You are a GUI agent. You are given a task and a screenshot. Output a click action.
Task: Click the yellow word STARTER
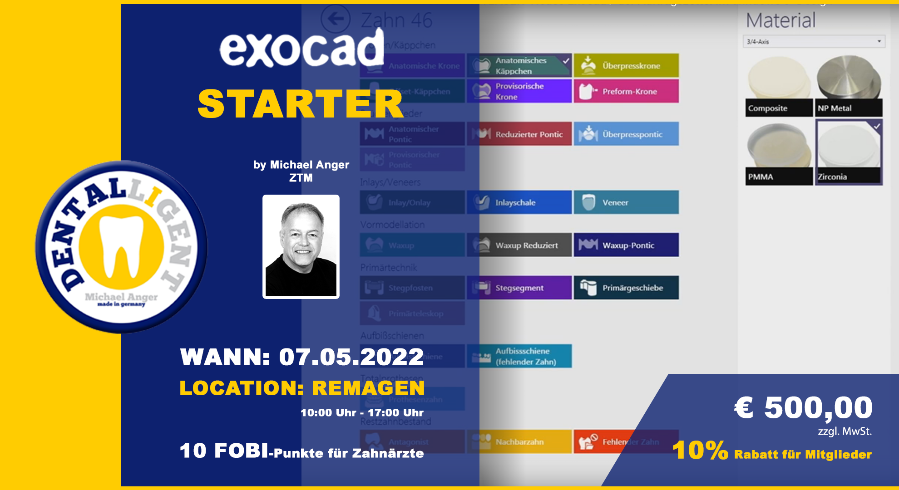(x=301, y=104)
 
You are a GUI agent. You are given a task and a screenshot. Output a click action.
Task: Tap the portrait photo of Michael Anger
(x=301, y=246)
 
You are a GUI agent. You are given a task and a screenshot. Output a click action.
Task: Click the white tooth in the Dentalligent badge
(x=121, y=245)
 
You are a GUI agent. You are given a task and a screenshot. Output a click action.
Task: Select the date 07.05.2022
(x=351, y=357)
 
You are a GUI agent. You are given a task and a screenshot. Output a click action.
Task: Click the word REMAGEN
(x=368, y=388)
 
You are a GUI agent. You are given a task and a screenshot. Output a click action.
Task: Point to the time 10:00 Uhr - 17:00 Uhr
(x=362, y=413)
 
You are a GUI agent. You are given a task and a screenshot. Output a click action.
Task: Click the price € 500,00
(x=803, y=407)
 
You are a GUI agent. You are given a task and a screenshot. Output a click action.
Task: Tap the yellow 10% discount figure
(x=700, y=451)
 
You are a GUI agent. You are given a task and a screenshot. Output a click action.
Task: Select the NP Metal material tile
(x=848, y=85)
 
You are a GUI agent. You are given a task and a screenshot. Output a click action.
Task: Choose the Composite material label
(x=768, y=108)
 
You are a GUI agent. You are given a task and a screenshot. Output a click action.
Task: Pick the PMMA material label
(x=761, y=177)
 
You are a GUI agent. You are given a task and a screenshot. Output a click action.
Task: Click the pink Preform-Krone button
(x=626, y=91)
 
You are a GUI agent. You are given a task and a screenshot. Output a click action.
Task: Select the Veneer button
(x=626, y=202)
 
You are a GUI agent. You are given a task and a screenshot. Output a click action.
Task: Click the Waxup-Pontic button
(x=626, y=245)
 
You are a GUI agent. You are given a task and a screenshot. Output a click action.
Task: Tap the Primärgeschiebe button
(x=626, y=288)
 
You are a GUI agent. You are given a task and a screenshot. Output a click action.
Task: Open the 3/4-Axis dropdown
(x=814, y=41)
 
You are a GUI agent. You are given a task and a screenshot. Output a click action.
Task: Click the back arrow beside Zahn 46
(x=336, y=19)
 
